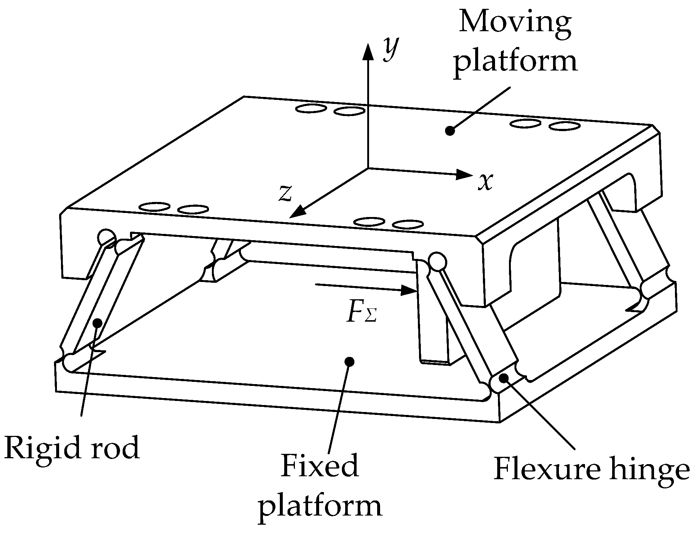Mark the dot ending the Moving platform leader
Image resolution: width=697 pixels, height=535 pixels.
point(449,130)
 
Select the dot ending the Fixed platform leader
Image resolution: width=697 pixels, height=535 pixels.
point(349,362)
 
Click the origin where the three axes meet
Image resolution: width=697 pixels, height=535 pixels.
point(368,168)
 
